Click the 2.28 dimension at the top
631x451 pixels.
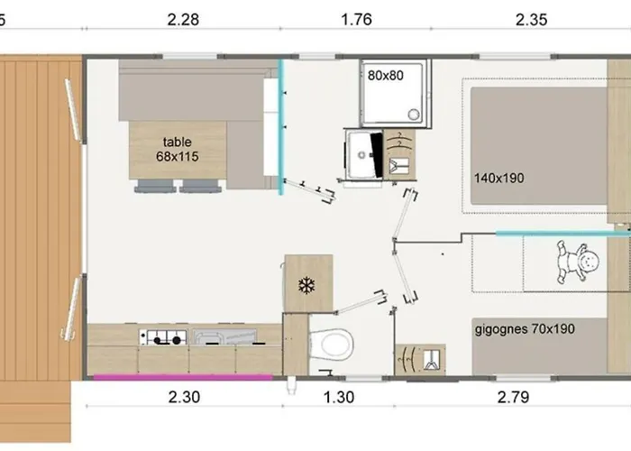click(183, 20)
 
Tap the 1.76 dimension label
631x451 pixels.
click(356, 20)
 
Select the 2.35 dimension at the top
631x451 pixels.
click(531, 20)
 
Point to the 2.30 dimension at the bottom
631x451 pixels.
click(184, 397)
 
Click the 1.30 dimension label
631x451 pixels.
click(339, 397)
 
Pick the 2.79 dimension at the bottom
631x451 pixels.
click(513, 397)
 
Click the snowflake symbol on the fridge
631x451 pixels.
click(306, 285)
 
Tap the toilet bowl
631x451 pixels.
click(331, 345)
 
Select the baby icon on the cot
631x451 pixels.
click(578, 262)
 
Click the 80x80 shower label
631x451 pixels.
click(385, 75)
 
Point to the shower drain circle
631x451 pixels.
click(413, 115)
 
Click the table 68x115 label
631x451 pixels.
click(177, 149)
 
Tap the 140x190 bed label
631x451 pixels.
click(498, 178)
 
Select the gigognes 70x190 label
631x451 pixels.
click(525, 329)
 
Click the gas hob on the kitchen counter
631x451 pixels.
click(163, 337)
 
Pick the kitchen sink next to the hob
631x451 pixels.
click(224, 337)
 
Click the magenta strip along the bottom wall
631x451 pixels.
click(183, 377)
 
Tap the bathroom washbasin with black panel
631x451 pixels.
click(364, 154)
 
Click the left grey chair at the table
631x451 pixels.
click(154, 186)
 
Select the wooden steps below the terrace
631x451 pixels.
click(35, 411)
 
